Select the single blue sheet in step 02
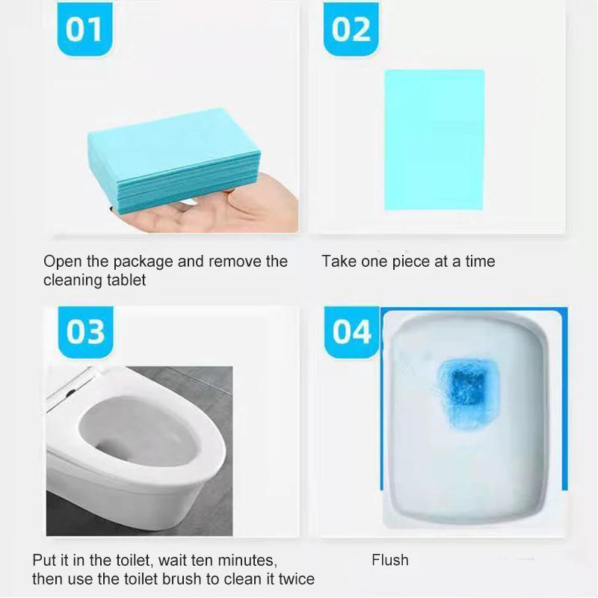pos(434,140)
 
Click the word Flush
pos(390,560)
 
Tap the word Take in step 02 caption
pos(338,262)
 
